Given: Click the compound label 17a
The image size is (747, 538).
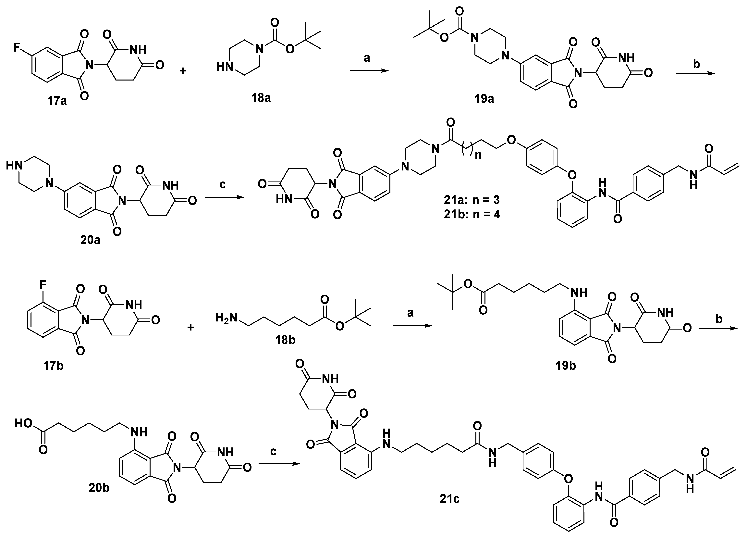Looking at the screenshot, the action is (x=57, y=100).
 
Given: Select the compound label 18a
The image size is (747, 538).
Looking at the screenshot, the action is (x=261, y=98).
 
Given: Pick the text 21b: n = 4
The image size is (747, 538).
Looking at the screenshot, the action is (x=472, y=215).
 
